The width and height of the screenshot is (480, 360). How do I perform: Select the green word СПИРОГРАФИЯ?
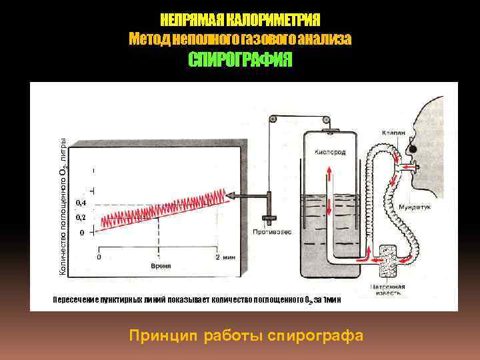click(x=240, y=61)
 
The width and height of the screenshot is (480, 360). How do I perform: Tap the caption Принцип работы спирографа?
click(x=247, y=335)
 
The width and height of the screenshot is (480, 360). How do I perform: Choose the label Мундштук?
click(x=414, y=208)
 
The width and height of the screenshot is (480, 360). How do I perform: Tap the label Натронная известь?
click(x=386, y=290)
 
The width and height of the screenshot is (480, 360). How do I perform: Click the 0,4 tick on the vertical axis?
click(x=80, y=202)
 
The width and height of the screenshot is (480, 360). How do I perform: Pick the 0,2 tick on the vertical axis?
click(x=80, y=218)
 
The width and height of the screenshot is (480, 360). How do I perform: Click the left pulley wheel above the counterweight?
click(x=271, y=120)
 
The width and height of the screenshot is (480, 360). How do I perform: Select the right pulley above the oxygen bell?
click(x=326, y=121)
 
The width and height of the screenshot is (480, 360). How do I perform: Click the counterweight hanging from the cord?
click(x=269, y=220)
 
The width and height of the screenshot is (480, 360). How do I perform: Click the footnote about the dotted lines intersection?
click(x=197, y=300)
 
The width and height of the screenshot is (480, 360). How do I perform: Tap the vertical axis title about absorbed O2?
click(x=62, y=207)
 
